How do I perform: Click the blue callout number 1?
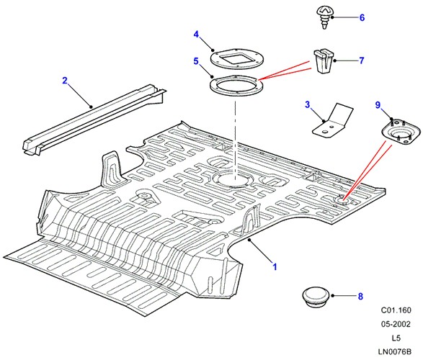pyautogui.click(x=275, y=267)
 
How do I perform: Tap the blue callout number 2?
pyautogui.click(x=65, y=81)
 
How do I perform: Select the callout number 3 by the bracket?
pyautogui.click(x=308, y=104)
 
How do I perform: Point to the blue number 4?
pyautogui.click(x=196, y=35)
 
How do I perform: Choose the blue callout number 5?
pyautogui.click(x=196, y=61)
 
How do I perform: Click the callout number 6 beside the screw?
pyautogui.click(x=362, y=17)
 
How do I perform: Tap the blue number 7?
pyautogui.click(x=362, y=60)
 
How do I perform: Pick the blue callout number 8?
pyautogui.click(x=361, y=296)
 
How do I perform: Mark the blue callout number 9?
pyautogui.click(x=378, y=105)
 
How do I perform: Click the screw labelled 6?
pyautogui.click(x=324, y=17)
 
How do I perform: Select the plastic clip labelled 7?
pyautogui.click(x=323, y=61)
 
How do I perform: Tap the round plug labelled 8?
pyautogui.click(x=316, y=297)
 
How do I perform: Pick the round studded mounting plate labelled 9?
pyautogui.click(x=401, y=133)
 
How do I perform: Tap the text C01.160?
pyautogui.click(x=396, y=310)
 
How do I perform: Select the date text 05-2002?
pyautogui.click(x=396, y=324)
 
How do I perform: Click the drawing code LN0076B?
pyautogui.click(x=394, y=351)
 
